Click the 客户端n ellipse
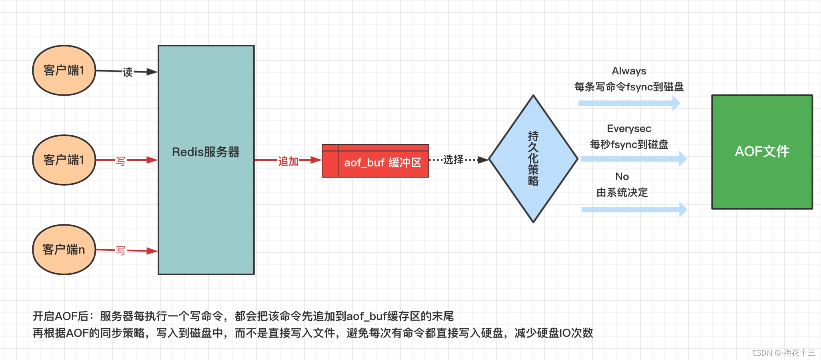[x=64, y=250]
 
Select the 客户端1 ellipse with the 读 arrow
[x=64, y=70]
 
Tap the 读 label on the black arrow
[x=128, y=72]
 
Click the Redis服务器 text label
[x=206, y=152]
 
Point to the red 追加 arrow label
[x=288, y=161]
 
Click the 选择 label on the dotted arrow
[x=453, y=160]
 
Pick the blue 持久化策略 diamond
[x=533, y=159]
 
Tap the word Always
[x=629, y=71]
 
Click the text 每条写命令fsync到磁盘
[x=629, y=87]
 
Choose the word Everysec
[x=629, y=129]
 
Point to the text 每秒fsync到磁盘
[x=629, y=145]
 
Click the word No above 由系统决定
[x=622, y=177]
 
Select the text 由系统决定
[x=622, y=193]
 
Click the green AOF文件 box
[x=762, y=152]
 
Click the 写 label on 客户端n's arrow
[x=120, y=251]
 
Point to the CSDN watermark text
[x=783, y=353]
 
